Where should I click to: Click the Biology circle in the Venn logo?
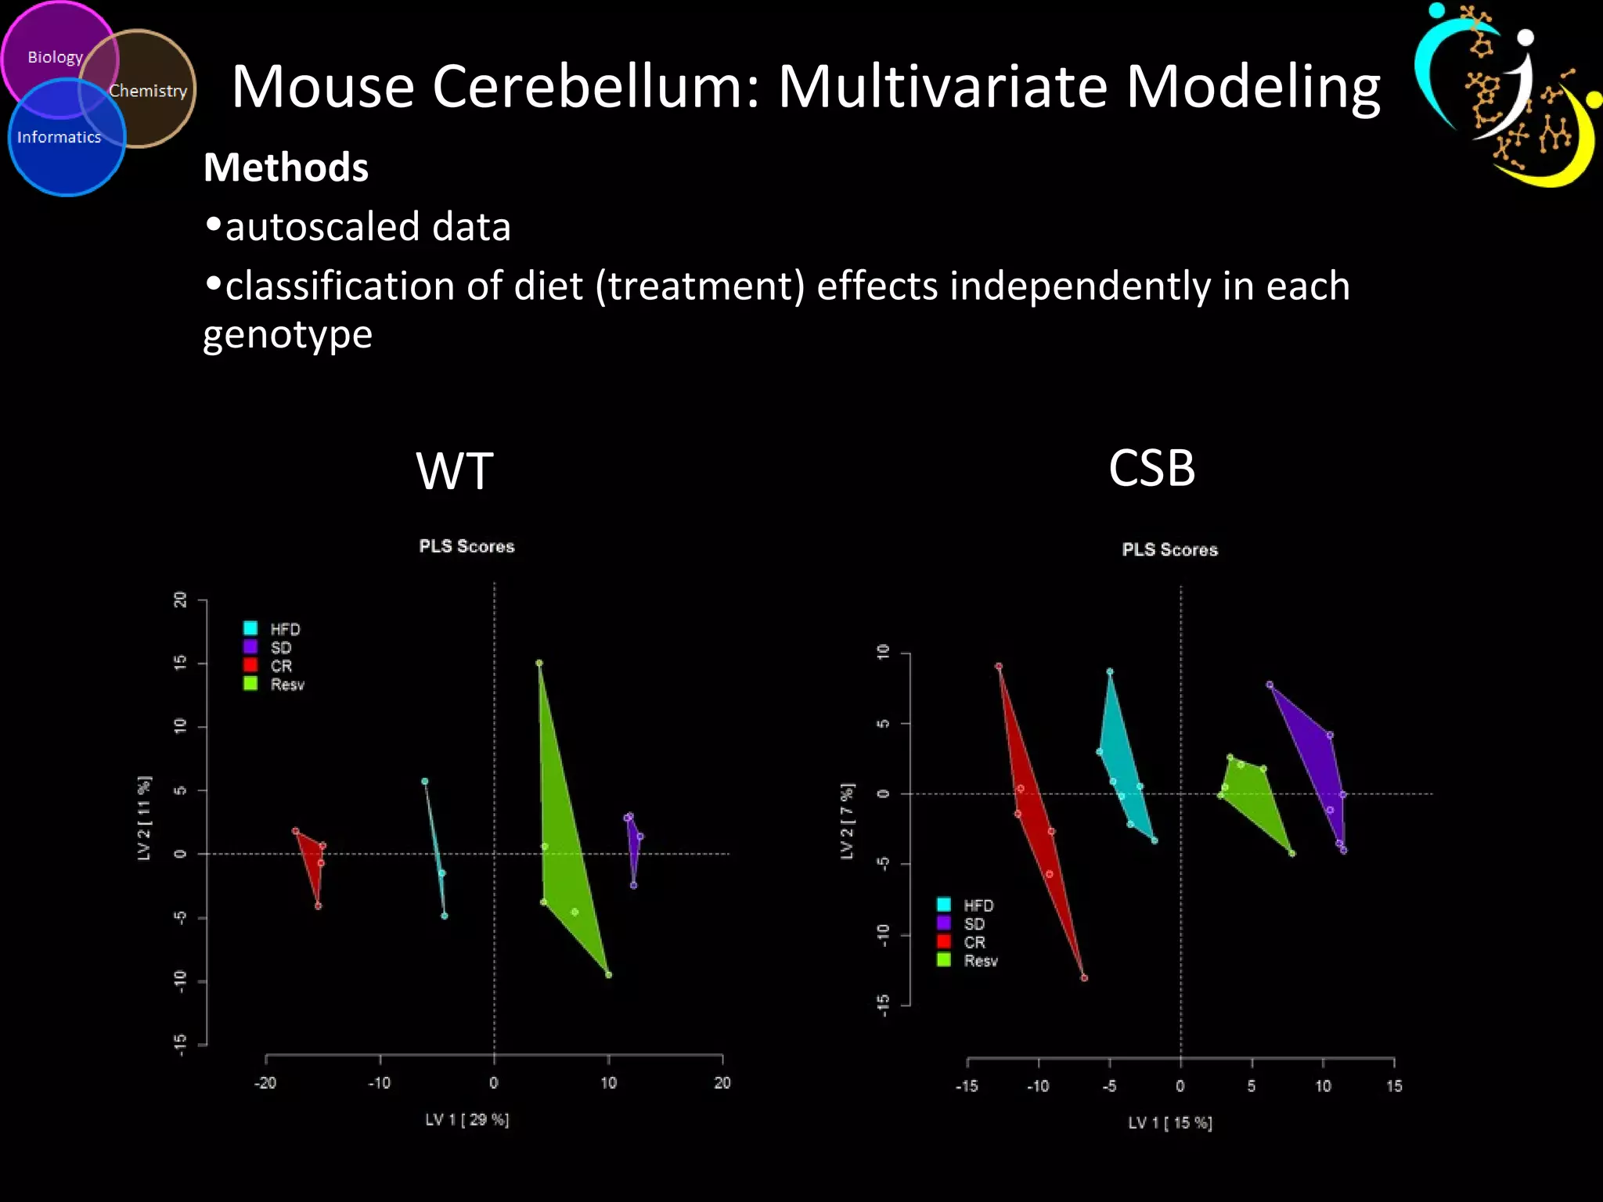[x=55, y=57]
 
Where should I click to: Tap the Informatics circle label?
[x=59, y=138]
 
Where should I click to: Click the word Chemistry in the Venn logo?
[x=148, y=91]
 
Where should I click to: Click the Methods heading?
[x=286, y=167]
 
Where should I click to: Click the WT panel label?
[x=454, y=471]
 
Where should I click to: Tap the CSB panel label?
[x=1151, y=468]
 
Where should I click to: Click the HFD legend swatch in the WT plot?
[x=250, y=628]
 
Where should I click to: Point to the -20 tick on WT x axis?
[x=265, y=1083]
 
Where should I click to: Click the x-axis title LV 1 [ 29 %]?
[x=467, y=1120]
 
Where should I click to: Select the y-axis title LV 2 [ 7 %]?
[x=847, y=821]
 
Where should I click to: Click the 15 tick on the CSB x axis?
[x=1394, y=1086]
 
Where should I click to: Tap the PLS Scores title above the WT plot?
[x=466, y=546]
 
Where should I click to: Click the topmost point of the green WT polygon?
[x=539, y=663]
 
